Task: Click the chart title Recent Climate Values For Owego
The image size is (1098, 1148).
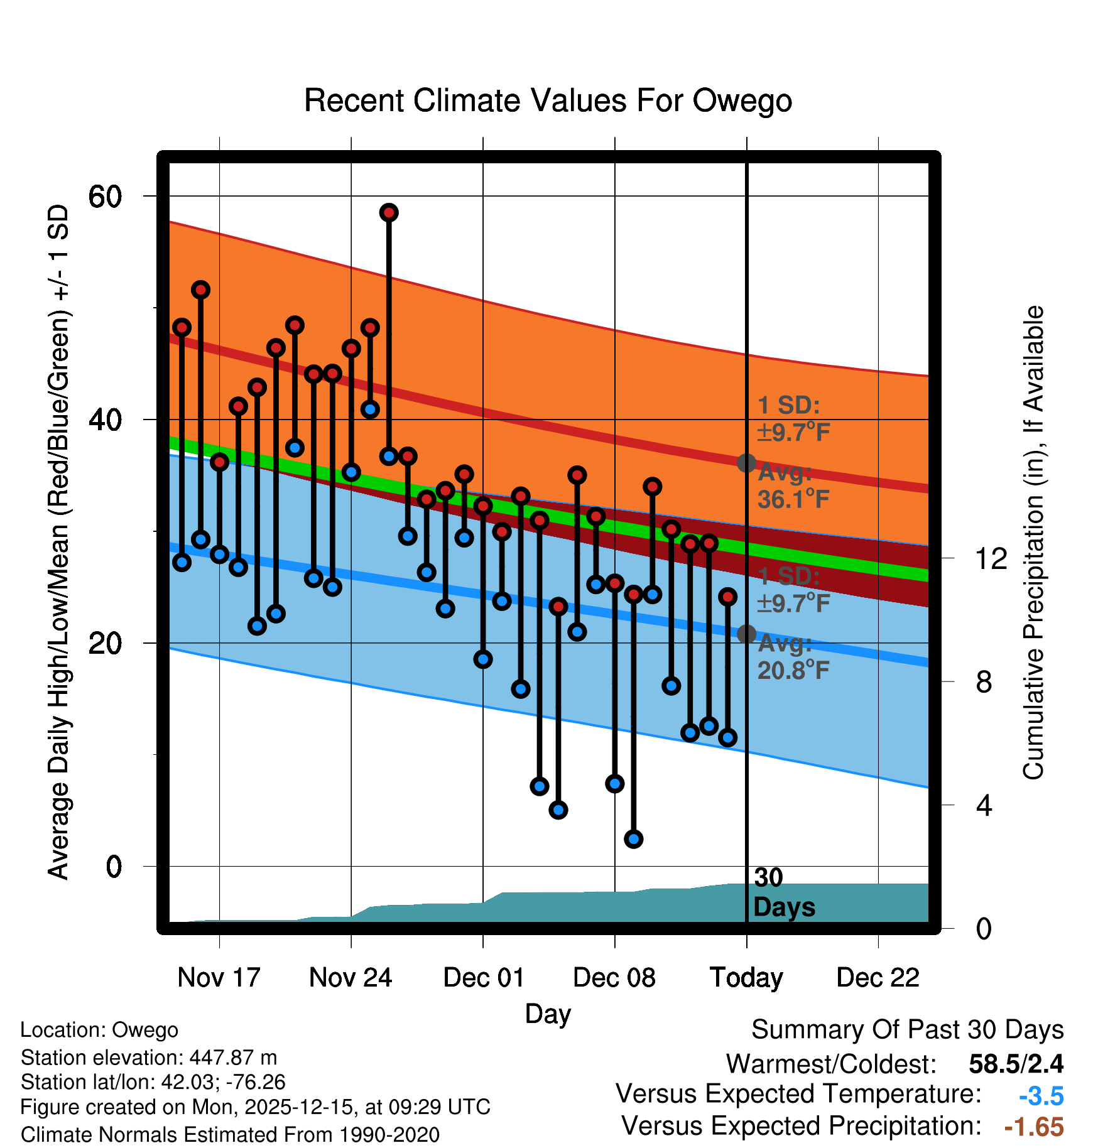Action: pyautogui.click(x=548, y=100)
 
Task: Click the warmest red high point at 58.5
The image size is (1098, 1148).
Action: pyautogui.click(x=389, y=213)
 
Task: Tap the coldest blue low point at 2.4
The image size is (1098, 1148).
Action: pyautogui.click(x=633, y=838)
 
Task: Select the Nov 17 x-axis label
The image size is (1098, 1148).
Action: pyautogui.click(x=219, y=977)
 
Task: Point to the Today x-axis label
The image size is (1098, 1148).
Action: pyautogui.click(x=746, y=977)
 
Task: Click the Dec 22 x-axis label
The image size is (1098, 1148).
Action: pyautogui.click(x=878, y=977)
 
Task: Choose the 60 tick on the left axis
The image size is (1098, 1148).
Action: pyautogui.click(x=105, y=197)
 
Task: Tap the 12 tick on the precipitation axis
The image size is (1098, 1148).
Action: pyautogui.click(x=991, y=558)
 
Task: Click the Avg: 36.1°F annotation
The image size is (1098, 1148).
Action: pyautogui.click(x=793, y=486)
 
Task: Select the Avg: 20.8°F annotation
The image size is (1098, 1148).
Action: pyautogui.click(x=793, y=657)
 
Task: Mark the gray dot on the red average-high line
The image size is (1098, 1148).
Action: pyautogui.click(x=746, y=463)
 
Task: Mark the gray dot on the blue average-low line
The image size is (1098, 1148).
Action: pyautogui.click(x=746, y=634)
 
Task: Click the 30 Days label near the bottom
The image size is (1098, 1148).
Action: pyautogui.click(x=783, y=892)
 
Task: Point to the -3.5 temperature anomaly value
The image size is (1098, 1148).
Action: pyautogui.click(x=1041, y=1096)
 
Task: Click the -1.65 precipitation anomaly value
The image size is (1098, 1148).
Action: pyautogui.click(x=1034, y=1127)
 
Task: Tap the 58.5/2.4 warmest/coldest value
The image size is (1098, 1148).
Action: pyautogui.click(x=1016, y=1064)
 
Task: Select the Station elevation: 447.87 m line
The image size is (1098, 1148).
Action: pyautogui.click(x=149, y=1058)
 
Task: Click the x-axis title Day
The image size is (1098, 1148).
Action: pyautogui.click(x=548, y=1014)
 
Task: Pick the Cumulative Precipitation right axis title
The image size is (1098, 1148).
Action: pyautogui.click(x=1033, y=543)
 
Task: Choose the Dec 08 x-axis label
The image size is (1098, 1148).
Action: pyautogui.click(x=614, y=977)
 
